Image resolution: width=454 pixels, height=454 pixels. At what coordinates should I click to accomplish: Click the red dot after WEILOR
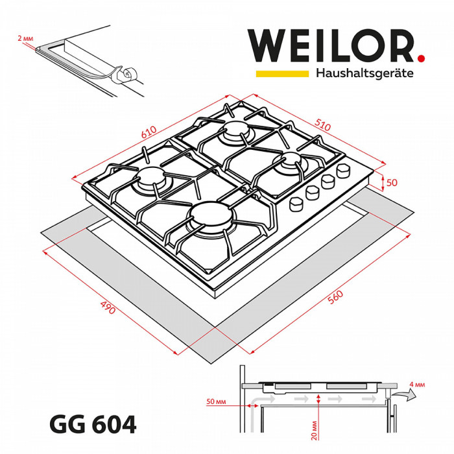pos(421,59)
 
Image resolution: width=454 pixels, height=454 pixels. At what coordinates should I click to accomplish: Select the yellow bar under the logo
pos(281,74)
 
